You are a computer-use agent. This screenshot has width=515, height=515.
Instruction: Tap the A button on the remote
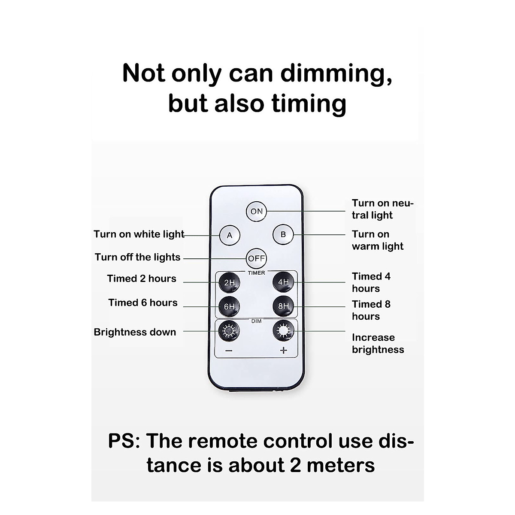point(230,235)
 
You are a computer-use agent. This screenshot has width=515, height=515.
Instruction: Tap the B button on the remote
point(283,235)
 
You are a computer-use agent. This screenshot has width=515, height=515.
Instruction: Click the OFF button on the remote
point(257,258)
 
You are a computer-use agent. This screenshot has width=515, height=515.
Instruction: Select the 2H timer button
point(229,283)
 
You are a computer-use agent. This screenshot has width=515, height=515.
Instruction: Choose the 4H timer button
point(284,282)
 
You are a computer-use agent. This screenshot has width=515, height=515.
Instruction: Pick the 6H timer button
point(229,306)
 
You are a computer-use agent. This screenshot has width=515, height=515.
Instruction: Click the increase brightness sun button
point(284,330)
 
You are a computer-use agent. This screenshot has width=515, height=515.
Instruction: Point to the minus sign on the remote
point(229,351)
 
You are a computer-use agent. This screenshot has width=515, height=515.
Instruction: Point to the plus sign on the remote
point(283,351)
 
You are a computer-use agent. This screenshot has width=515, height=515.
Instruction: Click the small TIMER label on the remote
point(256,273)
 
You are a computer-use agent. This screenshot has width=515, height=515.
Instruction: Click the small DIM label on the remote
point(256,321)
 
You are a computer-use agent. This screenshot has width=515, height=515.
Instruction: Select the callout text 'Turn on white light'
point(139,234)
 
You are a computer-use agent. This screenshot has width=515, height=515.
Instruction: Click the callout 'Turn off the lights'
point(138,257)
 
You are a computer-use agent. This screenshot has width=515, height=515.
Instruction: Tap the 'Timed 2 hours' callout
point(142,279)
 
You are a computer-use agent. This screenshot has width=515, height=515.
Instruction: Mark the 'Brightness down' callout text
point(135,332)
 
